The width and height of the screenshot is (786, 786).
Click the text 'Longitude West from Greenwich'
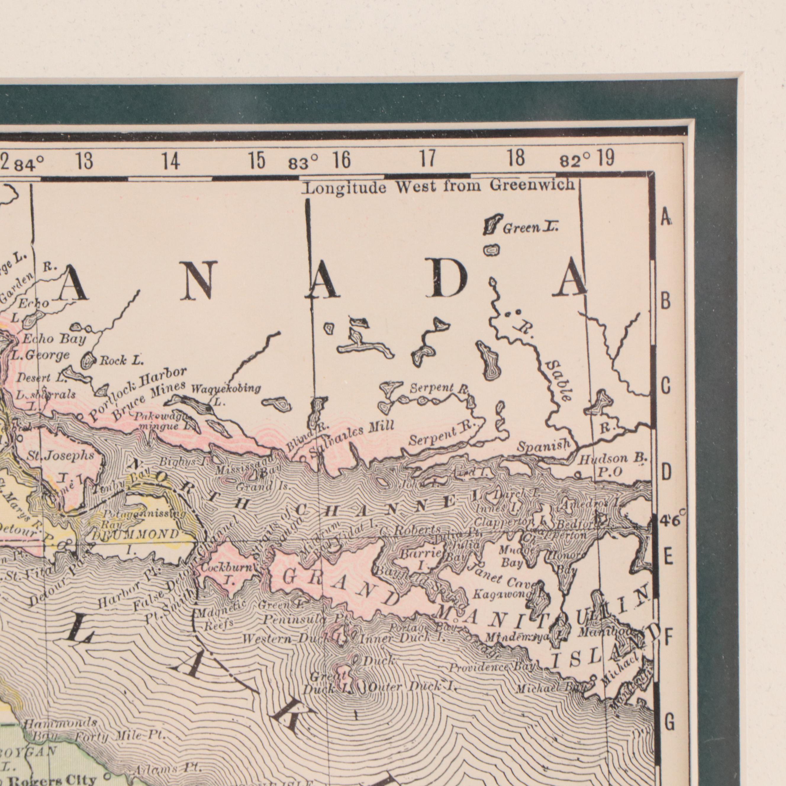440,188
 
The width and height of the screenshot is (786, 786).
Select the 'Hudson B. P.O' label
612,464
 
